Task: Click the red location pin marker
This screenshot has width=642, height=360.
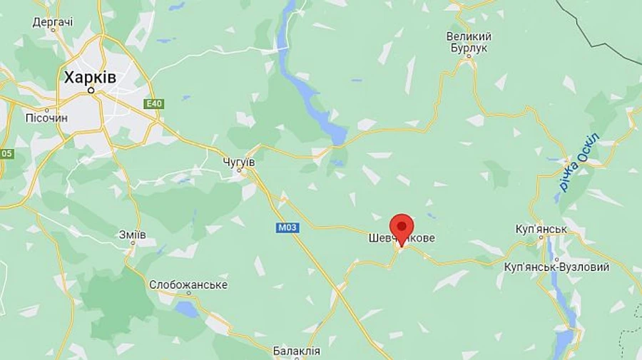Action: coord(402,228)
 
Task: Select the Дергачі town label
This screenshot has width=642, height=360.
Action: coord(53,22)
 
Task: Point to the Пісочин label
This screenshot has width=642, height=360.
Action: coord(46,118)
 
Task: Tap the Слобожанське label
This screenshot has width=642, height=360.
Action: coord(188,284)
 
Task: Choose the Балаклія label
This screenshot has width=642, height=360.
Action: coord(297,351)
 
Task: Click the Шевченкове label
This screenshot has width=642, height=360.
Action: coord(402,238)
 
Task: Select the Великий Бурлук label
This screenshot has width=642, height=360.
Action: coord(469,41)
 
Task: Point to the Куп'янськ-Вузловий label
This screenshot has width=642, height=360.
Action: coord(556,267)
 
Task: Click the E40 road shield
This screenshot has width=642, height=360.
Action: coord(153,104)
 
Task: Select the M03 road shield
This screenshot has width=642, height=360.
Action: coord(287,227)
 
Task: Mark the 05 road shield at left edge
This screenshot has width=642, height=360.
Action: coord(6,153)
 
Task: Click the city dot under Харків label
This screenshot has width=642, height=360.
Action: coord(91,91)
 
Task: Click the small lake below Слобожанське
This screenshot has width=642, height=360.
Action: coord(188,308)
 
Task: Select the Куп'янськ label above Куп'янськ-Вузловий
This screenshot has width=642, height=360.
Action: coord(541,229)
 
